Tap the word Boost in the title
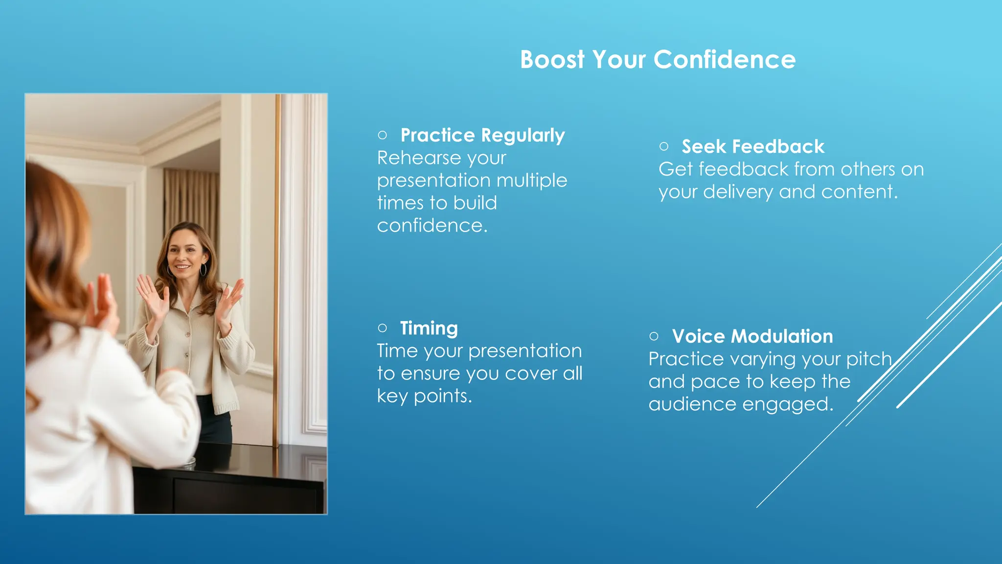click(x=552, y=60)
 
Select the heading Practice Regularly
click(x=482, y=136)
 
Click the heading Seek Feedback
click(x=753, y=147)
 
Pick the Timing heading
click(x=429, y=328)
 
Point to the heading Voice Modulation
click(x=752, y=336)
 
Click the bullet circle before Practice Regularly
click(x=383, y=135)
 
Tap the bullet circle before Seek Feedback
click(x=664, y=146)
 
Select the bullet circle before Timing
click(x=383, y=328)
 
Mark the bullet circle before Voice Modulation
click(x=654, y=336)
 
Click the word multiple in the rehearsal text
click(x=531, y=181)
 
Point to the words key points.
click(x=424, y=396)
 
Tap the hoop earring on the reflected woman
click(x=204, y=270)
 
